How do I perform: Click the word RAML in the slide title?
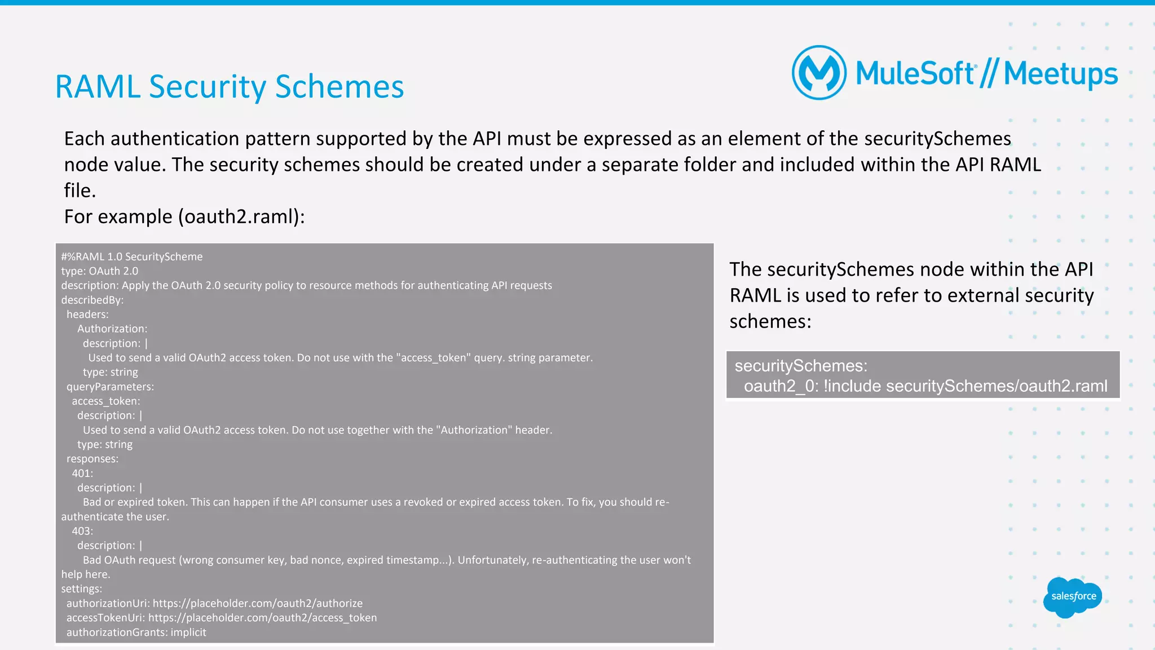tap(97, 87)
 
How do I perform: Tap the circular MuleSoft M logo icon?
tap(819, 73)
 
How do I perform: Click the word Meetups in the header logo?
tap(1060, 74)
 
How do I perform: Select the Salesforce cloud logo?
tap(1073, 597)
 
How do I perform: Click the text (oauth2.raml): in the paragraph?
tap(241, 216)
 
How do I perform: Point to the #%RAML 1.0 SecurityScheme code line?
tap(132, 257)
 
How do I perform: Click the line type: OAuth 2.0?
tap(100, 271)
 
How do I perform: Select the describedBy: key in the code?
tap(92, 300)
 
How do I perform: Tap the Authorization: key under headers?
tap(112, 329)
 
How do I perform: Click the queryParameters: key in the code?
tap(110, 387)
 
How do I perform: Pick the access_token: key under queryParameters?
tap(106, 401)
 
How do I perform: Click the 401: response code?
tap(82, 473)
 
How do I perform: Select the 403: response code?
tap(82, 531)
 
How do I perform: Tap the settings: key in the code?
tap(82, 589)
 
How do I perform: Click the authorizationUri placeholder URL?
tap(258, 603)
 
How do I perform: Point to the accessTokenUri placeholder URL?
tap(262, 618)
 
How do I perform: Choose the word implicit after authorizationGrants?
tap(188, 633)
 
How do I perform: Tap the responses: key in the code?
tap(92, 459)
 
